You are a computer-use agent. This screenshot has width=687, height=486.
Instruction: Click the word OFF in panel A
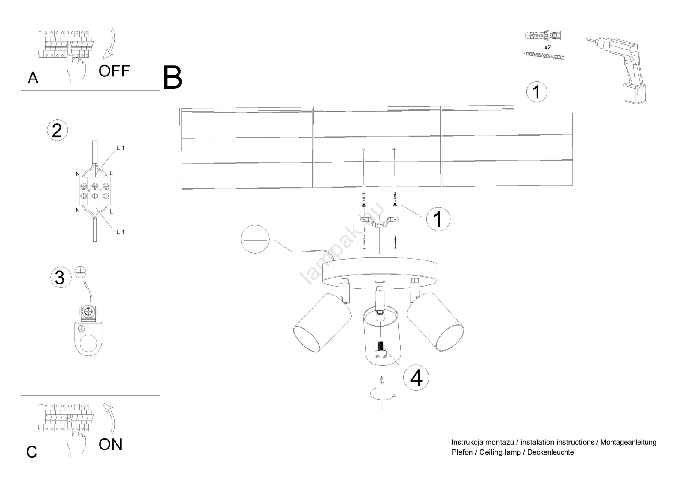pos(114,71)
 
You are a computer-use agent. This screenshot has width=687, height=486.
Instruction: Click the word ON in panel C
pos(110,444)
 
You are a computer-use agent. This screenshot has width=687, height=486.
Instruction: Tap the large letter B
pos(173,78)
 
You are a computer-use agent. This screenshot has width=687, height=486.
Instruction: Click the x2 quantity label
pos(547,47)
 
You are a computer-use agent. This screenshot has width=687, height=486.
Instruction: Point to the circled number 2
pos(57,130)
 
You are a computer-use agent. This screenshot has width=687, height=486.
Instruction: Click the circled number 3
pos(60,277)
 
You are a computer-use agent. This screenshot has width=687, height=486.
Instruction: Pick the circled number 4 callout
pos(416,378)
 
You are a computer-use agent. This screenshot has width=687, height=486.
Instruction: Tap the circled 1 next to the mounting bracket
pos(438,219)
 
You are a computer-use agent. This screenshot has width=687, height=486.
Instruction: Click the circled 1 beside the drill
pos(536,92)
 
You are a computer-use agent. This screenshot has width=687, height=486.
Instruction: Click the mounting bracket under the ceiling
pos(380,222)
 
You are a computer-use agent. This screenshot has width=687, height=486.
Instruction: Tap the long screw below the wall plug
pos(544,56)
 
